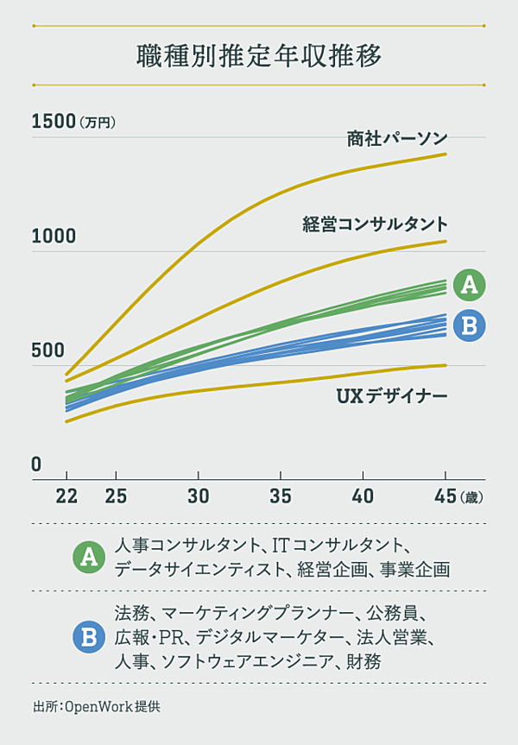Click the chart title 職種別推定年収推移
(259, 56)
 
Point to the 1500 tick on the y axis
(54, 122)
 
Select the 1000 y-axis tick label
(54, 237)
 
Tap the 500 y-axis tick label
(48, 350)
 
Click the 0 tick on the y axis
(36, 465)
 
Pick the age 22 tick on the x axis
(66, 496)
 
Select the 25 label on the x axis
(116, 496)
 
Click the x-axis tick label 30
(198, 496)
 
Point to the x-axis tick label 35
(281, 496)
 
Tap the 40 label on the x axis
(363, 496)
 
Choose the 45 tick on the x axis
(445, 496)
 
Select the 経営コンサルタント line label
(375, 224)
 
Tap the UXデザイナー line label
(391, 397)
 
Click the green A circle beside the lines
(469, 283)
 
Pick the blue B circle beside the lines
(469, 325)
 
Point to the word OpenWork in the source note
(104, 706)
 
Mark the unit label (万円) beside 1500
(97, 123)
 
